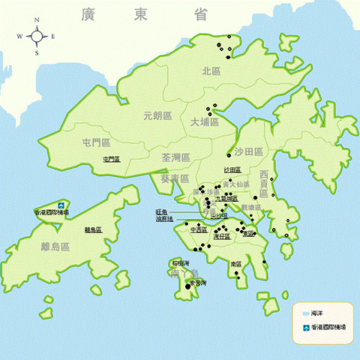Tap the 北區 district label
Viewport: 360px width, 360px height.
point(211,71)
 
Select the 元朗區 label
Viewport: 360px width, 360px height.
point(157,116)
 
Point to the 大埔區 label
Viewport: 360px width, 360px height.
point(203,121)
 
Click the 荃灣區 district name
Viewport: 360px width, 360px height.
point(175,158)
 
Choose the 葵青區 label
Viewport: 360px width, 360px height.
point(174,178)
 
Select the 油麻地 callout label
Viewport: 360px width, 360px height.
point(164,219)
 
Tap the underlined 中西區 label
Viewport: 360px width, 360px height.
point(199,230)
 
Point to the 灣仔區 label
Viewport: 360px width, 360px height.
point(221,236)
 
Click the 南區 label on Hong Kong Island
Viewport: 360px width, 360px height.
point(236,264)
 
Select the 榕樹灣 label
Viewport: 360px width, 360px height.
point(179,263)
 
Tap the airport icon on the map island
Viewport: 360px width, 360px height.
point(61,203)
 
